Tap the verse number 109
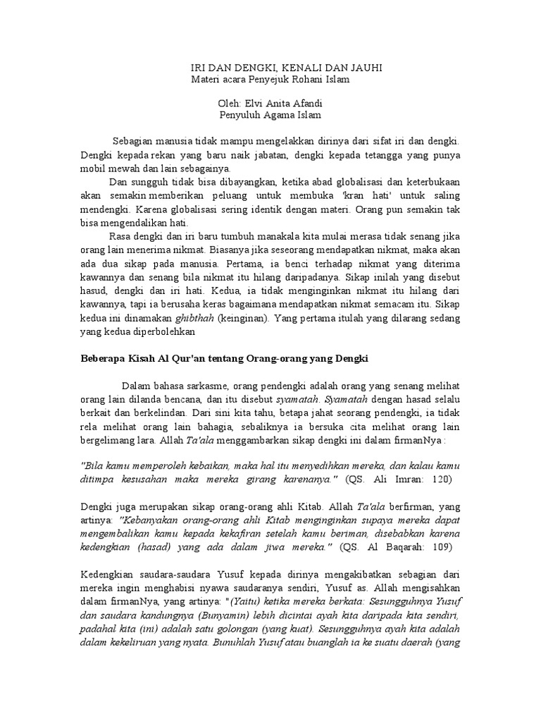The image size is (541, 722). tap(441, 546)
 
